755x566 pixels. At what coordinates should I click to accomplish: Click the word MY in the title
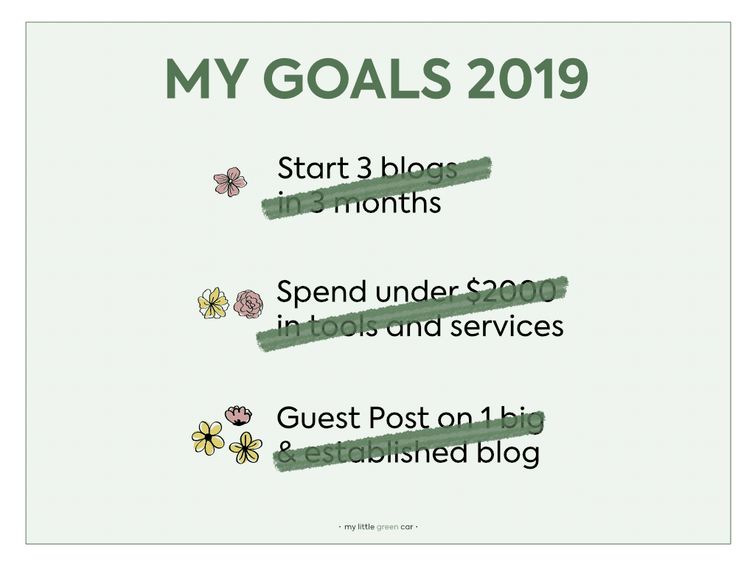[x=207, y=79]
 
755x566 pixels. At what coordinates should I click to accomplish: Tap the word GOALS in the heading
[x=358, y=78]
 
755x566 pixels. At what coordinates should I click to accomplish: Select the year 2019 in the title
[x=528, y=78]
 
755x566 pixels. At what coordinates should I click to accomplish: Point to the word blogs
[x=419, y=170]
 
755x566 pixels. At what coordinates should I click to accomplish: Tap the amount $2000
[x=512, y=291]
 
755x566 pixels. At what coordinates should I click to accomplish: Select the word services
[x=507, y=326]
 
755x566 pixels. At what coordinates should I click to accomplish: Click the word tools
[x=342, y=326]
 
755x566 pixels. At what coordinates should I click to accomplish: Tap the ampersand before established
[x=287, y=453]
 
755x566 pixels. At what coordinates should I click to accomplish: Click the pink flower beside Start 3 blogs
[x=230, y=181]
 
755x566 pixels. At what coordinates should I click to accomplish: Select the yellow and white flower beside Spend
[x=213, y=303]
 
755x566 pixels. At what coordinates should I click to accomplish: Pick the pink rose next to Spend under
[x=248, y=304]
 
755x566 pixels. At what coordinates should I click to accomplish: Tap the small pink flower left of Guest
[x=238, y=416]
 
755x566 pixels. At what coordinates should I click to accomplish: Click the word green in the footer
[x=387, y=527]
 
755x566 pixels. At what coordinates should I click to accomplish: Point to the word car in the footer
[x=406, y=527]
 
